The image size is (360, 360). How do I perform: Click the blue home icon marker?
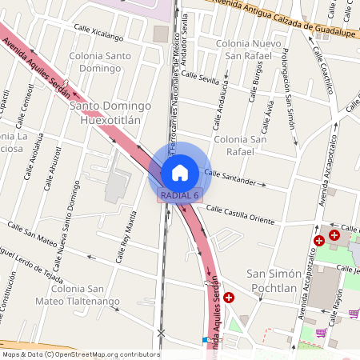pos(180,172)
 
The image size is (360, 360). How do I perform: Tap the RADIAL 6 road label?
pos(179,195)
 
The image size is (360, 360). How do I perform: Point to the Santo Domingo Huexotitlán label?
pos(110,113)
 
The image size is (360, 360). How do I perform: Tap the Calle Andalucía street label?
pos(218,108)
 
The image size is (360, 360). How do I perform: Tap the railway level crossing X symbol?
pos(162,332)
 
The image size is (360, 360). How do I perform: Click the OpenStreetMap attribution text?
pos(80,354)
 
